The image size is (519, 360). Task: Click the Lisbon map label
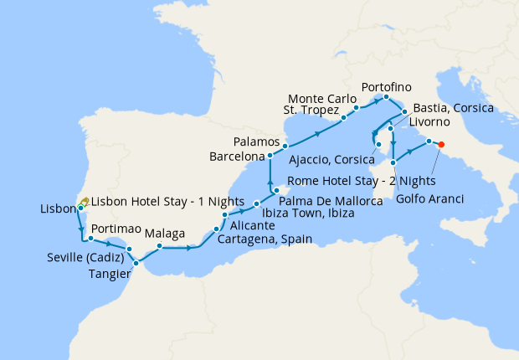tap(57, 208)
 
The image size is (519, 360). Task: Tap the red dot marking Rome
tap(441, 144)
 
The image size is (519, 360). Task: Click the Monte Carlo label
tap(321, 99)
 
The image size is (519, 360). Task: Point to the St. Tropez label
tap(311, 111)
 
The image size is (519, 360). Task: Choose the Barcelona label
tap(237, 156)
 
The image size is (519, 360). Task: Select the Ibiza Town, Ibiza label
tap(308, 213)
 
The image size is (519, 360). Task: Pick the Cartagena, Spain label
tap(265, 239)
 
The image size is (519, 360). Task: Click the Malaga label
tap(165, 234)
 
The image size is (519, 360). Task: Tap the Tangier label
tap(108, 273)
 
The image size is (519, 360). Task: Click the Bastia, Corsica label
tap(451, 109)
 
